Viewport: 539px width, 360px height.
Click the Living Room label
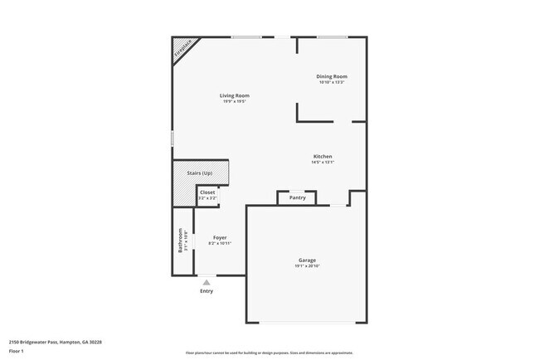[235, 95]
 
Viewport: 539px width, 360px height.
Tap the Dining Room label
[331, 77]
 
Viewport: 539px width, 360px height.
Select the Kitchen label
[323, 157]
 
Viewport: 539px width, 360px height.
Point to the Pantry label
[297, 198]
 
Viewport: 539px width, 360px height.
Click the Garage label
[307, 260]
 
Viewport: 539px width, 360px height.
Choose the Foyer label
[220, 237]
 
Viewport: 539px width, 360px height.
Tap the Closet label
[207, 192]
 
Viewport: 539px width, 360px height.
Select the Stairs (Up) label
[200, 173]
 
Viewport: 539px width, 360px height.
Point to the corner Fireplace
[182, 50]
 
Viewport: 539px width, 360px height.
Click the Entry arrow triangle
[206, 283]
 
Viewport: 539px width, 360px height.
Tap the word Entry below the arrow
[206, 291]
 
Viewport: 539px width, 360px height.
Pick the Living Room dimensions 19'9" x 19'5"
[235, 101]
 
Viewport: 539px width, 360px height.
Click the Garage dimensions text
[307, 265]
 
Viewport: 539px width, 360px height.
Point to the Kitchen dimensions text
[323, 163]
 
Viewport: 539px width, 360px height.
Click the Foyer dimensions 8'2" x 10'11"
[220, 243]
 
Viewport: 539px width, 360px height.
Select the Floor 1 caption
[16, 352]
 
